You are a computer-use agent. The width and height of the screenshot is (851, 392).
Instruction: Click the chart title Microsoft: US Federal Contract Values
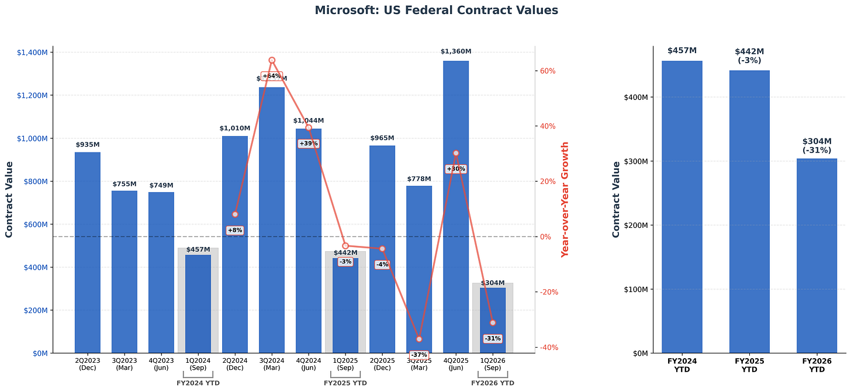pyautogui.click(x=436, y=10)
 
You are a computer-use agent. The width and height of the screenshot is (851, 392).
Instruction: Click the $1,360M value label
pyautogui.click(x=455, y=51)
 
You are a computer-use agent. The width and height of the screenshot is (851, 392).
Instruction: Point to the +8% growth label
pyautogui.click(x=234, y=230)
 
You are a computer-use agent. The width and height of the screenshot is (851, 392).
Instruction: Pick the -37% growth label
pyautogui.click(x=418, y=355)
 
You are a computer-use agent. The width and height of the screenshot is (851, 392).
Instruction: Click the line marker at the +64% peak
pyautogui.click(x=272, y=60)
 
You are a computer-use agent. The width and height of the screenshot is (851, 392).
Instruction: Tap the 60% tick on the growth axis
pyautogui.click(x=547, y=71)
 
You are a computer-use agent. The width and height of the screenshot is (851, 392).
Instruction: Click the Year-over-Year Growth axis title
pyautogui.click(x=565, y=199)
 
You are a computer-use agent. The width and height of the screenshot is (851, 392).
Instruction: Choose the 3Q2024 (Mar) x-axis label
pyautogui.click(x=272, y=364)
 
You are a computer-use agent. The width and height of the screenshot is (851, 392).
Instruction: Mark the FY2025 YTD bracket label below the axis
pyautogui.click(x=345, y=383)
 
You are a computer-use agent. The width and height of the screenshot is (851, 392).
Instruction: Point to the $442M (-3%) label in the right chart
pyautogui.click(x=749, y=55)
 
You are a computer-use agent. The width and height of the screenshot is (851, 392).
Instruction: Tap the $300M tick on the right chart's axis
pyautogui.click(x=634, y=161)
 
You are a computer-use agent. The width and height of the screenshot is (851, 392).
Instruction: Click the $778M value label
pyautogui.click(x=418, y=179)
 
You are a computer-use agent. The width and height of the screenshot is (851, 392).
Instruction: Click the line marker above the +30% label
pyautogui.click(x=455, y=153)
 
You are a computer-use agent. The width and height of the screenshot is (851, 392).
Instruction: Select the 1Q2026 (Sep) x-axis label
pyautogui.click(x=492, y=364)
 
